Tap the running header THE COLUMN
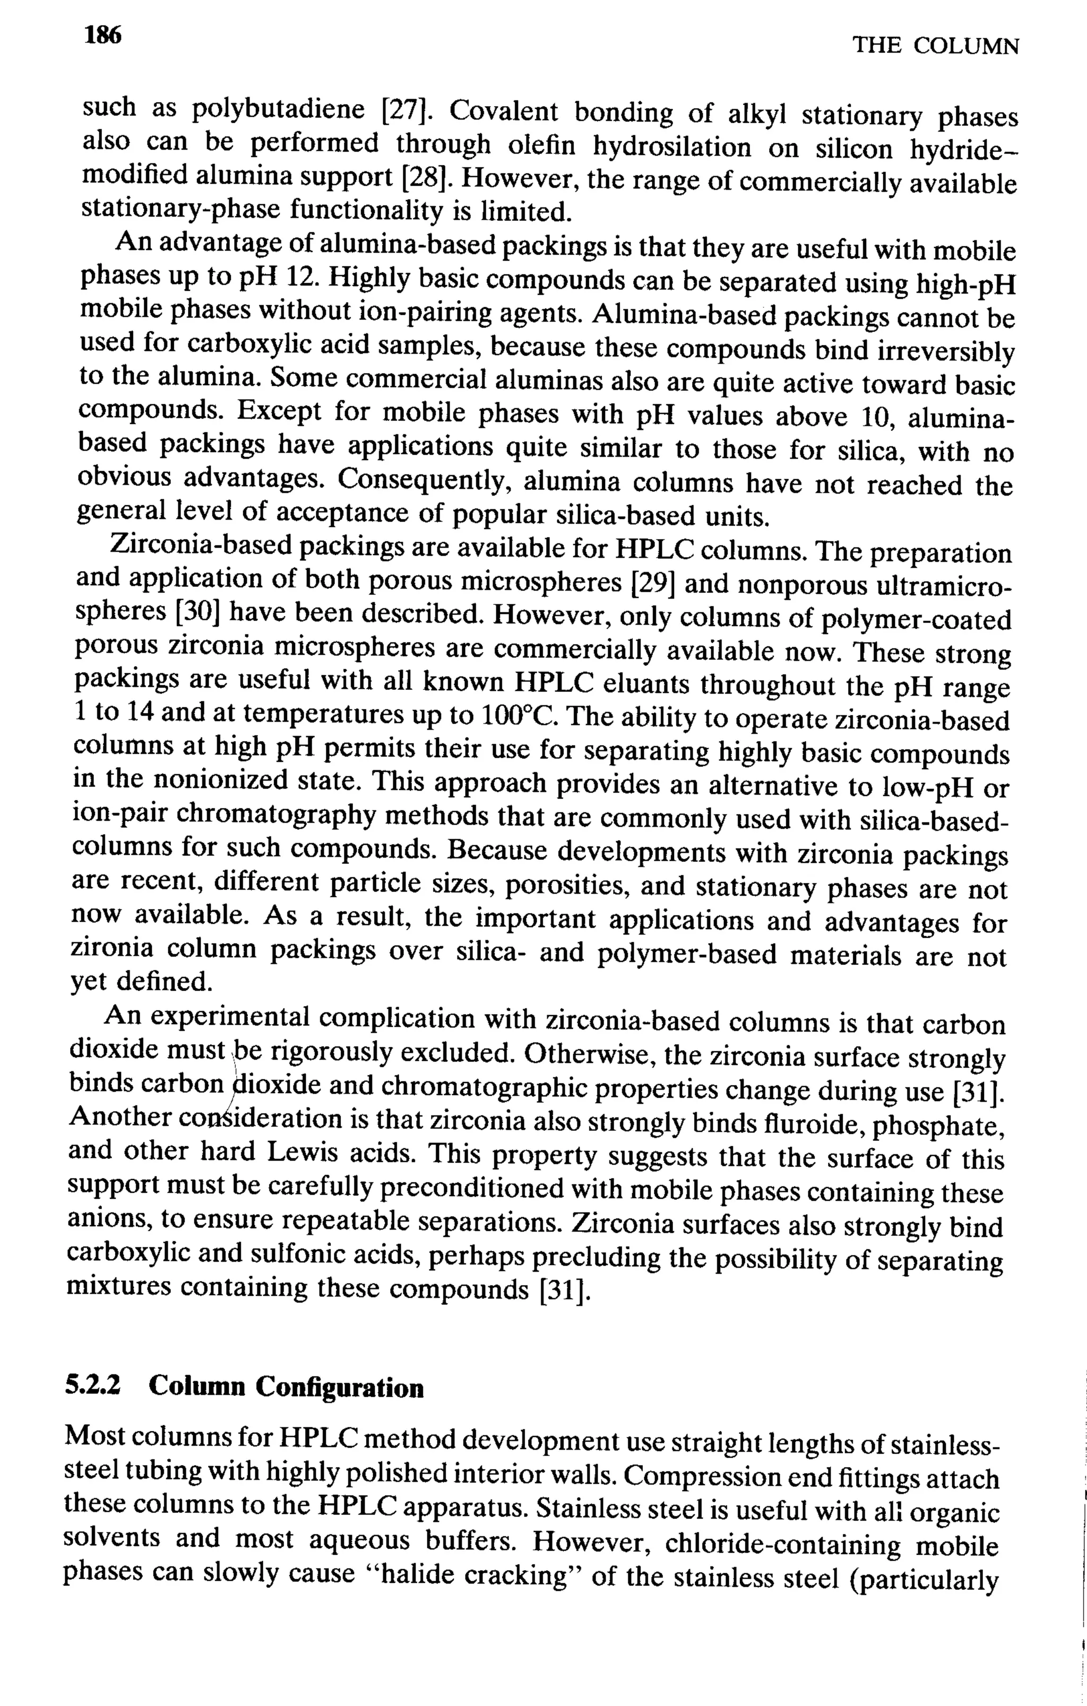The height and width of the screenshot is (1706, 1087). [935, 47]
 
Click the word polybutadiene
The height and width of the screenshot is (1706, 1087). [279, 110]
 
